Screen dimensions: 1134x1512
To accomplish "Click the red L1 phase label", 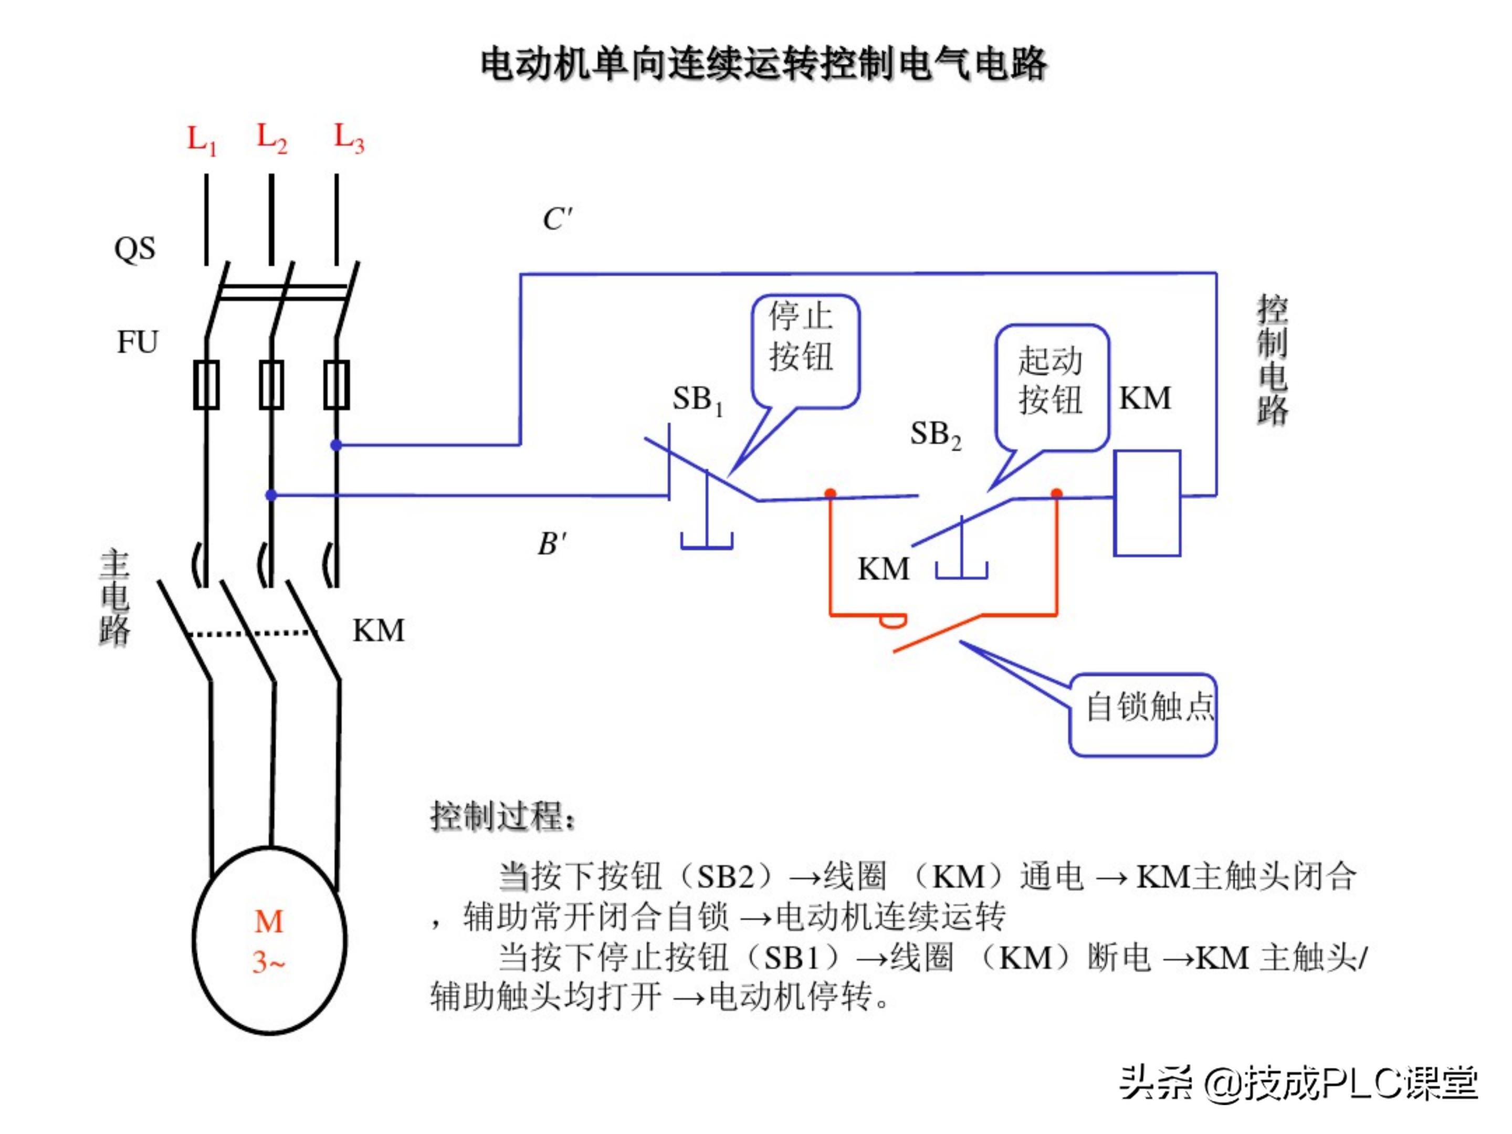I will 202,140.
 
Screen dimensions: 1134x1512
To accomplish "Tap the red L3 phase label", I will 349,138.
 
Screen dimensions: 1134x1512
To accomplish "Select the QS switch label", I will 134,249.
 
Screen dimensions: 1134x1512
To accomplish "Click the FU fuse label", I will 138,342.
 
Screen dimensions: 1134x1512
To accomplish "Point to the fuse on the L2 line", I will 271,385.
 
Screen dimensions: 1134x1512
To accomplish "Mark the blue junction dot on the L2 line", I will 271,495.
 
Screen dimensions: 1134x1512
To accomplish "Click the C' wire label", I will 557,219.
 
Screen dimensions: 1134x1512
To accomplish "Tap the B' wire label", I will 552,544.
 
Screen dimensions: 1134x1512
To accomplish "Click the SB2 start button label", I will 935,435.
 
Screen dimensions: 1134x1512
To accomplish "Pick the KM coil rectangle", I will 1147,502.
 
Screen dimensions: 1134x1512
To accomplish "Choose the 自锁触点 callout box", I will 1143,715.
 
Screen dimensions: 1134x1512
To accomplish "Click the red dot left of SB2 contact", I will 831,493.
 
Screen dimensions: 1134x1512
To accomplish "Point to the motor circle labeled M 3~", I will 269,941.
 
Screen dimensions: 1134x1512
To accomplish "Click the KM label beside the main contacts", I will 378,630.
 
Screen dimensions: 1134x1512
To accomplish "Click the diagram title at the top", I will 763,64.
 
